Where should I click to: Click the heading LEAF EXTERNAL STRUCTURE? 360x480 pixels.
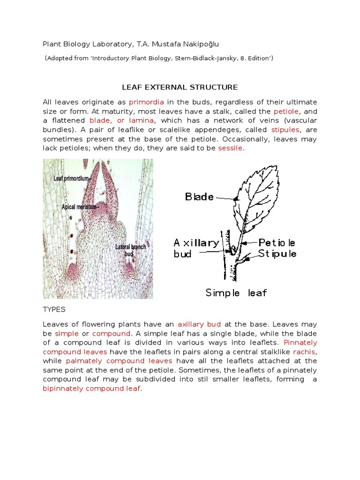[x=180, y=87]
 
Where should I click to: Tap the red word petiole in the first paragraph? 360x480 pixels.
[x=286, y=112]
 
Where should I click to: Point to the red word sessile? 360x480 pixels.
[x=230, y=148]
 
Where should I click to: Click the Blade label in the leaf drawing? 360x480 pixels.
[x=199, y=197]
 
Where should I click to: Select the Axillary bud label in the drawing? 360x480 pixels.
[x=195, y=248]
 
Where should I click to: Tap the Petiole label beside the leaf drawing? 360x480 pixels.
[x=277, y=243]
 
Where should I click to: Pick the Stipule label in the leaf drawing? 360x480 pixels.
[x=277, y=254]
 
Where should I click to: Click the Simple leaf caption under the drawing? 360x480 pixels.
[x=236, y=293]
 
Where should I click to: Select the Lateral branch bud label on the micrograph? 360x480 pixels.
[x=130, y=250]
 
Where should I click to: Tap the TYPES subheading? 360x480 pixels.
[x=54, y=310]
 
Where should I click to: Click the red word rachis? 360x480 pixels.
[x=305, y=352]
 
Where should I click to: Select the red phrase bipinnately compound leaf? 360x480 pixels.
[x=91, y=389]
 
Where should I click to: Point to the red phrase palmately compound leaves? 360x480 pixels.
[x=119, y=361]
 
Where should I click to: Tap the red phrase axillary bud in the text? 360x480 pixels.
[x=199, y=324]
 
